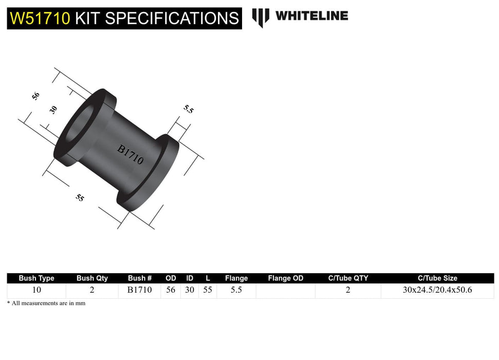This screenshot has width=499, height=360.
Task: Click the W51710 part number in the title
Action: click(40, 19)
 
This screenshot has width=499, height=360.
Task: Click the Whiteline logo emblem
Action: click(261, 17)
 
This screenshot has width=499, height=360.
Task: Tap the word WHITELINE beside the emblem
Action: click(311, 16)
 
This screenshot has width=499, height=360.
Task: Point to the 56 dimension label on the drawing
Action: click(35, 96)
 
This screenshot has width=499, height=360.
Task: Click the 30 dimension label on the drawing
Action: click(53, 110)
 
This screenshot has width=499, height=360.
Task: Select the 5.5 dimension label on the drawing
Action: click(189, 109)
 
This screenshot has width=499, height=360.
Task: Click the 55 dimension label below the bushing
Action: click(80, 197)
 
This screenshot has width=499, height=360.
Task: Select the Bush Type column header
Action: click(36, 278)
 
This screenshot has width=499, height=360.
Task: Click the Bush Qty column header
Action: click(92, 278)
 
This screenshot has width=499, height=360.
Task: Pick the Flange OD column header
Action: click(286, 278)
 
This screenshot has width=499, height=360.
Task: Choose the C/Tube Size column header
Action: click(437, 278)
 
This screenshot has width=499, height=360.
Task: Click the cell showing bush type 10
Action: click(36, 290)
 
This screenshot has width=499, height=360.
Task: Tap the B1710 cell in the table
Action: click(139, 290)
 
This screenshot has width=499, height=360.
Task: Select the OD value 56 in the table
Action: click(171, 290)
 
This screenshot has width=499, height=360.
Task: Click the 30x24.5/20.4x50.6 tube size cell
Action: click(437, 290)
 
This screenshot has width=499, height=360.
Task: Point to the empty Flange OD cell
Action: click(286, 290)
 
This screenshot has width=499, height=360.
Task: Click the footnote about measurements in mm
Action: click(46, 303)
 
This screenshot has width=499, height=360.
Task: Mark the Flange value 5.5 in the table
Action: click(236, 290)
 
